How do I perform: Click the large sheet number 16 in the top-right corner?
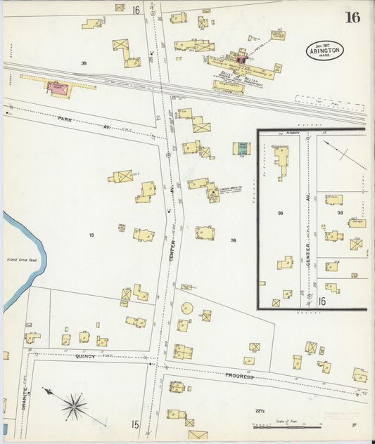352,17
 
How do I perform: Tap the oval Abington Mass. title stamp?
325,51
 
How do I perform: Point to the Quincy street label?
84,356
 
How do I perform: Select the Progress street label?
239,376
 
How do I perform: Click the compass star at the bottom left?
73,405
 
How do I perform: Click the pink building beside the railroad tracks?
56,88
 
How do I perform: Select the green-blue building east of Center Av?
241,148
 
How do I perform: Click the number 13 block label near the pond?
91,235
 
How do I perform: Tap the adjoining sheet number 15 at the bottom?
134,424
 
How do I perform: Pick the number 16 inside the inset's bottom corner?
322,301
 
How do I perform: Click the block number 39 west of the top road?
84,63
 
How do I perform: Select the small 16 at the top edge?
134,10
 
